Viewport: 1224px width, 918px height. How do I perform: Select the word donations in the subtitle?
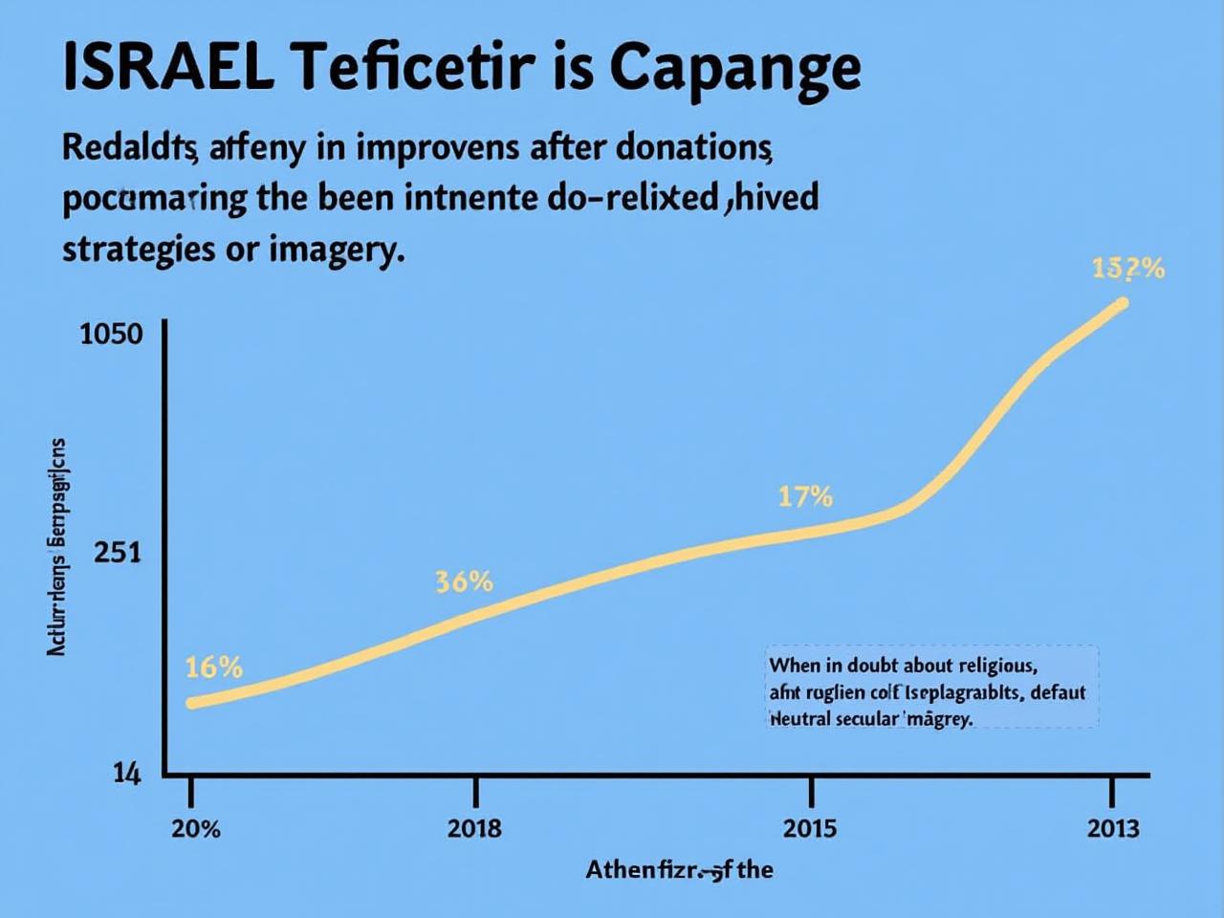pos(693,148)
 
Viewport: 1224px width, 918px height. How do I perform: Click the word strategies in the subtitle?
pos(139,249)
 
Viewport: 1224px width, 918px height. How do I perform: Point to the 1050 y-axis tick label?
pos(111,335)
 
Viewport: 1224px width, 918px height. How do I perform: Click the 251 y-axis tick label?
pos(118,553)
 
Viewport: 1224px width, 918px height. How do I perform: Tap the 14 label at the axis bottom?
pos(127,774)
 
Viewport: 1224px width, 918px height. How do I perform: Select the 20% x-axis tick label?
pos(195,828)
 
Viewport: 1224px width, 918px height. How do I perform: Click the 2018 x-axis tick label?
pos(474,828)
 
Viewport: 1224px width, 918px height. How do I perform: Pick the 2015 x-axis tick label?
pos(809,828)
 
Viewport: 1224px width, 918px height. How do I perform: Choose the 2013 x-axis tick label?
pos(1113,828)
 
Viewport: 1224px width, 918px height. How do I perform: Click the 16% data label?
pos(213,667)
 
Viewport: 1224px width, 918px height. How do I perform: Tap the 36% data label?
pos(464,581)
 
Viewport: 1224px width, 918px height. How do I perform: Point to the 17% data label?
pos(804,496)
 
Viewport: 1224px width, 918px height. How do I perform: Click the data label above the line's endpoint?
pos(1128,270)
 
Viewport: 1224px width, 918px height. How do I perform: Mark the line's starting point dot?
pos(192,703)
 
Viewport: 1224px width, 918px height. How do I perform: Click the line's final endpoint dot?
pos(1123,303)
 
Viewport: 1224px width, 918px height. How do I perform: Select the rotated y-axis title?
pos(56,547)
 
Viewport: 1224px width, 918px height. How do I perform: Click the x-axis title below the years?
pos(679,870)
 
